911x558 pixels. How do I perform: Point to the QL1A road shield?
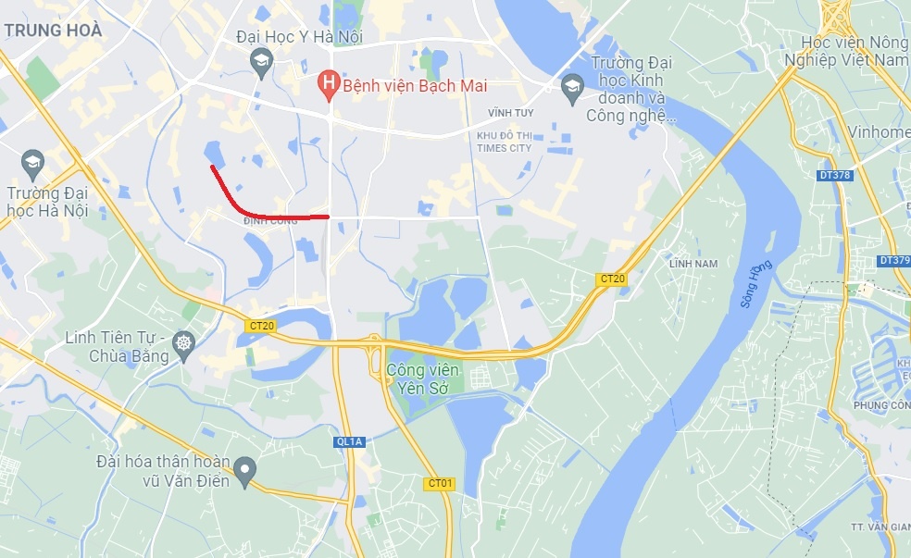click(x=350, y=441)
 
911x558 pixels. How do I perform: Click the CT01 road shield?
click(x=440, y=483)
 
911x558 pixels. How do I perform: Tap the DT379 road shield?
click(x=893, y=261)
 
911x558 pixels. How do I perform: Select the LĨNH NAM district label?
click(x=693, y=264)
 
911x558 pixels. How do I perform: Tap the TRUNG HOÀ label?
click(x=53, y=31)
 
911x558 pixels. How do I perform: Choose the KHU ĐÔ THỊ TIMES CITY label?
click(x=504, y=142)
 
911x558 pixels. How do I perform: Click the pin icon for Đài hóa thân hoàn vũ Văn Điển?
click(x=244, y=471)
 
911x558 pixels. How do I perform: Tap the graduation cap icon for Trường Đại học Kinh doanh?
click(x=571, y=87)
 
